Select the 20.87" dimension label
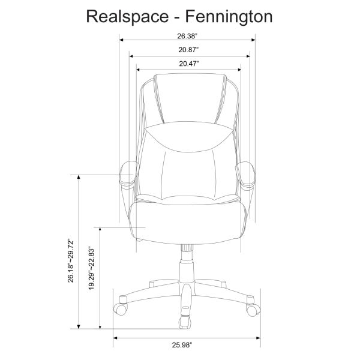(x=188, y=50)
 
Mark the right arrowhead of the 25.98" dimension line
(x=259, y=337)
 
